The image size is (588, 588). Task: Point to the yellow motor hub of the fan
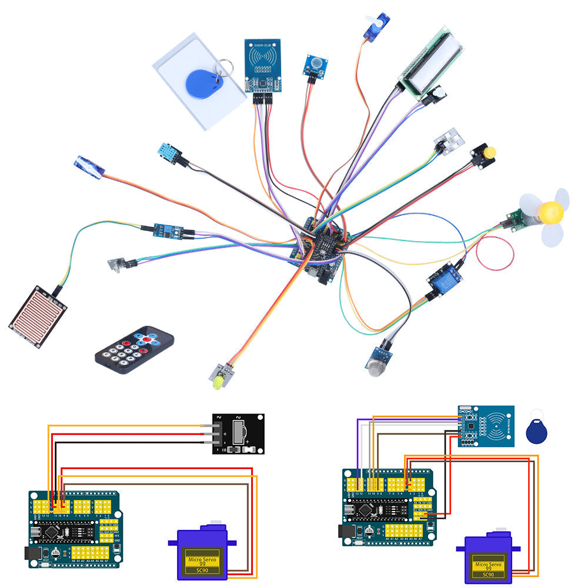tap(552, 210)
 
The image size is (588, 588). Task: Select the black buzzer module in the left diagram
tap(238, 434)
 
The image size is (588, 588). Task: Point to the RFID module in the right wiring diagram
tap(486, 426)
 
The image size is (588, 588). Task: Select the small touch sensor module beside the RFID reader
tap(315, 65)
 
